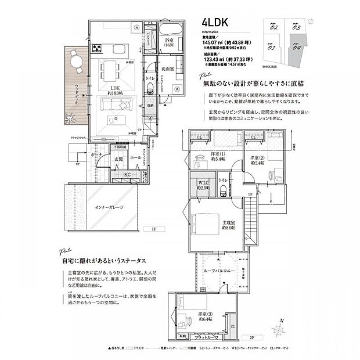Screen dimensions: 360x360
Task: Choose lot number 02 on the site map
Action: tap(274, 27)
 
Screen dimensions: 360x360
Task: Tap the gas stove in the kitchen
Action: tap(94, 49)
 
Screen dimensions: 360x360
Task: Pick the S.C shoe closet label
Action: tap(128, 175)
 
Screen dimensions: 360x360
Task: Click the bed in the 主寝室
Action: tap(204, 221)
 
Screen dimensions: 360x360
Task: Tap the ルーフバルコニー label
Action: tap(219, 271)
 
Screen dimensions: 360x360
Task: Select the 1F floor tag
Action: tap(154, 229)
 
